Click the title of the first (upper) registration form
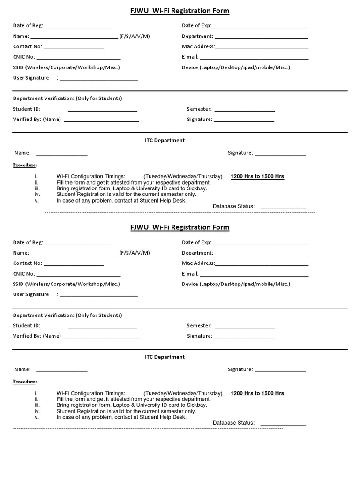180,11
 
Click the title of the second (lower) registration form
180,227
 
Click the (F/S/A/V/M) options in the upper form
135,36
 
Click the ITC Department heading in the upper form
165,140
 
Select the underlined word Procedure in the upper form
25,165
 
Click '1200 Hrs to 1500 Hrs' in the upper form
257,177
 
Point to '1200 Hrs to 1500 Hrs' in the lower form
257,393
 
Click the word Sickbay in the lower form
197,405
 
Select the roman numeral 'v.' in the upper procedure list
37,201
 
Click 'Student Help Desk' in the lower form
165,417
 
